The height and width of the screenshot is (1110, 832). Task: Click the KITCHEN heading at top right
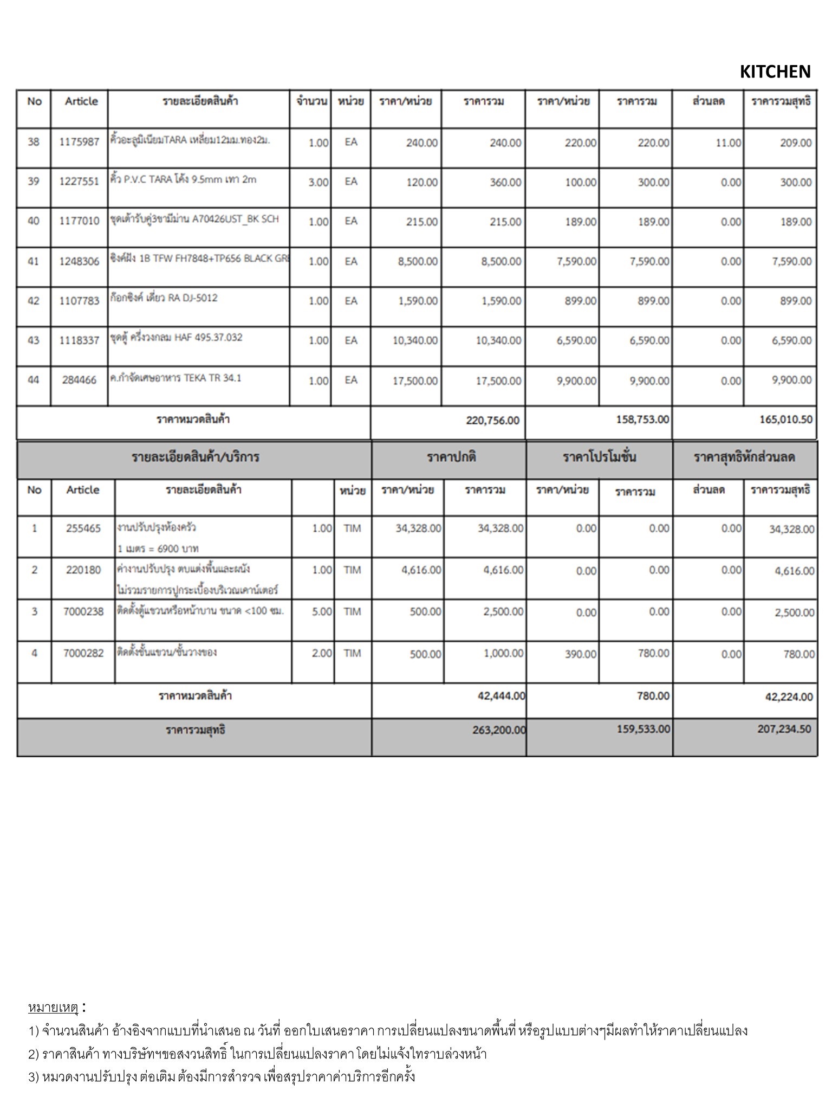[775, 72]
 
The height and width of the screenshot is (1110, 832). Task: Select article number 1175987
[79, 142]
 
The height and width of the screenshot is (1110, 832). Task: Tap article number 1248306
[79, 261]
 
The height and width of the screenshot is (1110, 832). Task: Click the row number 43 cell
[34, 340]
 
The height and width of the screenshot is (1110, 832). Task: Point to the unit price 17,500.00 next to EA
[415, 381]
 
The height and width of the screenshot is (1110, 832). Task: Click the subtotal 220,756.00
[492, 421]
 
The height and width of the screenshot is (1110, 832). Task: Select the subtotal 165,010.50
[785, 420]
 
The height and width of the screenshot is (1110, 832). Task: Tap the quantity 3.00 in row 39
[318, 183]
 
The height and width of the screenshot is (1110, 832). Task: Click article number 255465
[83, 528]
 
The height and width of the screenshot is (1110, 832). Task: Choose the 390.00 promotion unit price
[580, 654]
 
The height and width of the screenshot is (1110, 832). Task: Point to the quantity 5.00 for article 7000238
[322, 612]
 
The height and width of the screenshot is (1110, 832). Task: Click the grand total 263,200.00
[498, 730]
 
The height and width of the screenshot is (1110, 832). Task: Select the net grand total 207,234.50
[784, 729]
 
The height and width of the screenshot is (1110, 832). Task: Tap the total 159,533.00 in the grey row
[643, 729]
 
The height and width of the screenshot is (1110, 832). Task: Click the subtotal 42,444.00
[501, 696]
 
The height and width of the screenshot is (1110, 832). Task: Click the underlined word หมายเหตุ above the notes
[54, 1008]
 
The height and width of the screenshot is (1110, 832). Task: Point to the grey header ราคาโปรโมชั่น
[599, 457]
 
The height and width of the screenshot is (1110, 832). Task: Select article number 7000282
[83, 653]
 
